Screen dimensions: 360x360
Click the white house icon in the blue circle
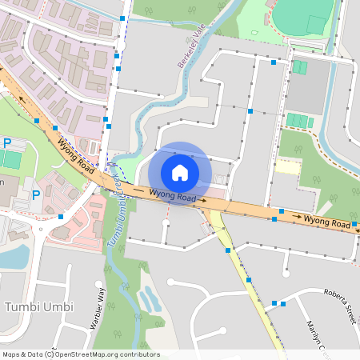[180, 172]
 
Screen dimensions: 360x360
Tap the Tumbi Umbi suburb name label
[39, 307]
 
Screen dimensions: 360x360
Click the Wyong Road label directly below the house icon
[173, 194]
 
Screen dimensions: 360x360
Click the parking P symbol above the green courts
[7, 143]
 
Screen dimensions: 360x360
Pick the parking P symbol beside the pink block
[36, 195]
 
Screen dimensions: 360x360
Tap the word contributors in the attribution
[138, 354]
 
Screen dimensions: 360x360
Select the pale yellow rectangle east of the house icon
[287, 167]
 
